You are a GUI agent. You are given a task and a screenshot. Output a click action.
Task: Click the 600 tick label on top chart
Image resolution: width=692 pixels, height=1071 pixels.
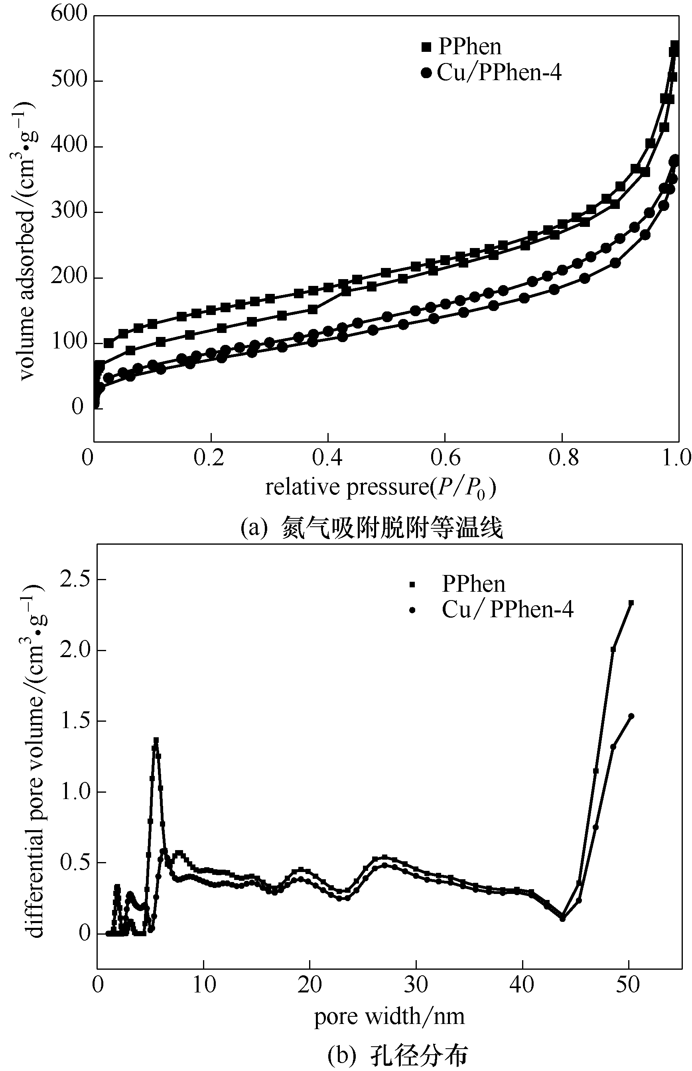(69, 14)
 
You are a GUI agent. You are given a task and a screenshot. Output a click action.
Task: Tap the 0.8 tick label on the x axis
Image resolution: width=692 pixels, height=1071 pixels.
(564, 458)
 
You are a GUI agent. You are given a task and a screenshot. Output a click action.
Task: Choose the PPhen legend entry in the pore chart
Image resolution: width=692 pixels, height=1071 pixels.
(473, 584)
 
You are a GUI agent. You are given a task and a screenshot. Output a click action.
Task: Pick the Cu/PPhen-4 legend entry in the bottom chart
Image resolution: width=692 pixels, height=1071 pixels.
(507, 610)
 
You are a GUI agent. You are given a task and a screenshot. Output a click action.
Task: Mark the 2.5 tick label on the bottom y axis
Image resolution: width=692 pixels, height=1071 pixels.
(75, 579)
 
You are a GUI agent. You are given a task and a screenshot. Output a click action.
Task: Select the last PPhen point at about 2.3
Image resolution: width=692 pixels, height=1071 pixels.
(631, 603)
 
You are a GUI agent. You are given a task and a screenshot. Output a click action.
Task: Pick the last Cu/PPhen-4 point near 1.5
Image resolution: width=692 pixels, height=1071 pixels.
(631, 716)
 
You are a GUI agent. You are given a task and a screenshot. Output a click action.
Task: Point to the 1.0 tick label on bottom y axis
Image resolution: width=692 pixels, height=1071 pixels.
(75, 792)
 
